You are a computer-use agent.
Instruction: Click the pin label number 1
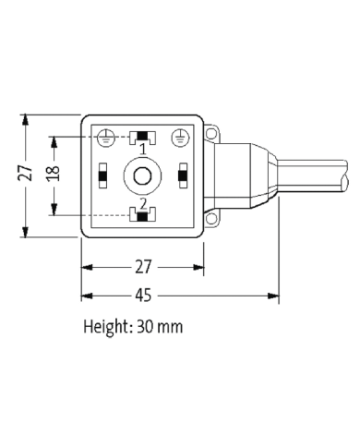pyautogui.click(x=143, y=150)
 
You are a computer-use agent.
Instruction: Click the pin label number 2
pyautogui.click(x=143, y=202)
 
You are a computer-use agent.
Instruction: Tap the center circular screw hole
pyautogui.click(x=143, y=175)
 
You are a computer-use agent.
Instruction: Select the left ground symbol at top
pyautogui.click(x=105, y=137)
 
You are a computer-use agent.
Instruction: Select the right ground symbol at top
pyautogui.click(x=182, y=137)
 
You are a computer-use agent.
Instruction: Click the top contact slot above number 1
pyautogui.click(x=143, y=137)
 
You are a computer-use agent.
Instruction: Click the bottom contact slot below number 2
pyautogui.click(x=143, y=215)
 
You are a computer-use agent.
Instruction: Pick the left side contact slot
pyautogui.click(x=103, y=174)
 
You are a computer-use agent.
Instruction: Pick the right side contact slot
pyautogui.click(x=184, y=174)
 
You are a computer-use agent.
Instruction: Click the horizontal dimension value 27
pyautogui.click(x=143, y=268)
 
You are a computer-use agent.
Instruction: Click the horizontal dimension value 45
pyautogui.click(x=143, y=296)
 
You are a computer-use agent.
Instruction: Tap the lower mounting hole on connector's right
pyautogui.click(x=211, y=218)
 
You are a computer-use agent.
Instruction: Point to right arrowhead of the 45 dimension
pyautogui.click(x=273, y=296)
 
